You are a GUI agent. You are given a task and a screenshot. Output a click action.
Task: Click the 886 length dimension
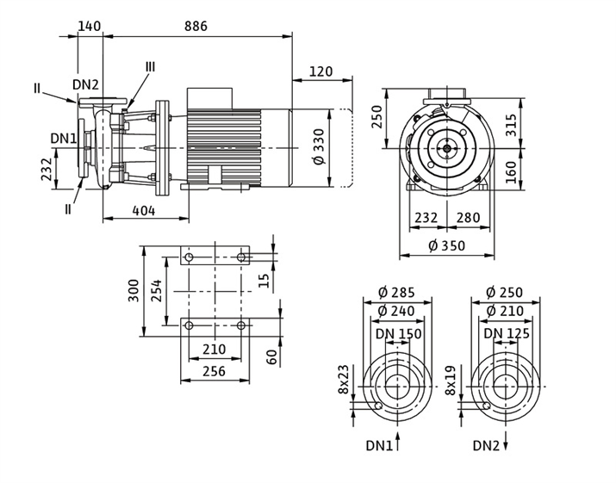[x=196, y=26]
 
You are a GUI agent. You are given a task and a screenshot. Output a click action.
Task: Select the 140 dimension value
[x=90, y=26]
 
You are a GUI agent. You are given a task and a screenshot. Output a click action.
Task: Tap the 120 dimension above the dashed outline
[x=320, y=71]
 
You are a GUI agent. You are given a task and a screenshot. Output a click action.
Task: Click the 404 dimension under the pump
[x=144, y=210]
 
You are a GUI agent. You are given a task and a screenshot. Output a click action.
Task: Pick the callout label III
[x=150, y=67]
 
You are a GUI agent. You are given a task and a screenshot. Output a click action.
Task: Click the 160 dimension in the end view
[x=511, y=171]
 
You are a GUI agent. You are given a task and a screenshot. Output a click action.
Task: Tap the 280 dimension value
[x=469, y=219]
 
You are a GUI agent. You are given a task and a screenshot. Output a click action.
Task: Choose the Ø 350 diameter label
[x=445, y=246]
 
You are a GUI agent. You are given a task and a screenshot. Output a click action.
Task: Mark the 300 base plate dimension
[x=134, y=291]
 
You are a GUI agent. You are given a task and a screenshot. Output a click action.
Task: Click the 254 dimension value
[x=155, y=291]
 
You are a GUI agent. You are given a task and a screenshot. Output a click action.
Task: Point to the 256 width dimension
[x=214, y=371]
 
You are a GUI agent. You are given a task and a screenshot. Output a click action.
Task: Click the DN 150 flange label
[x=399, y=333]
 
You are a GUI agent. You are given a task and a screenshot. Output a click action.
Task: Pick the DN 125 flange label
[x=506, y=333]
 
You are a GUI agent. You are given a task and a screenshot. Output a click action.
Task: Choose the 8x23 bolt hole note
[x=344, y=380]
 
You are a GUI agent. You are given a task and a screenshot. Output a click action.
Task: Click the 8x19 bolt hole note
[x=451, y=380]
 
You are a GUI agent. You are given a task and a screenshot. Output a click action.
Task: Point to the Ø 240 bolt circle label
[x=396, y=311]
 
